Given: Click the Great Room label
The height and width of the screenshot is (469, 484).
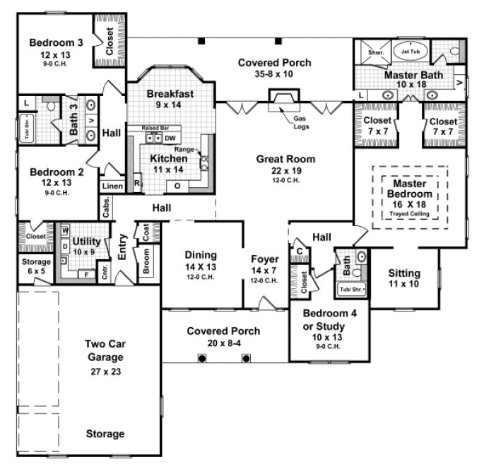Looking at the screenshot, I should coord(285,159).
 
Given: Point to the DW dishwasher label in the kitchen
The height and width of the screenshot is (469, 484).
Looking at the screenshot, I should coord(170,138).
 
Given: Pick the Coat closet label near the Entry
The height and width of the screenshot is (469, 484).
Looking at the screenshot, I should coord(147,234).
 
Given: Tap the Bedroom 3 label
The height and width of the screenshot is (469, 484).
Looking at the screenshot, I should coord(57,42).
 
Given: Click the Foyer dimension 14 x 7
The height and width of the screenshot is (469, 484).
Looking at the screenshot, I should coord(266,269).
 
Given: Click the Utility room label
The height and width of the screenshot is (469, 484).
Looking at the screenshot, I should coord(86,241).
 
